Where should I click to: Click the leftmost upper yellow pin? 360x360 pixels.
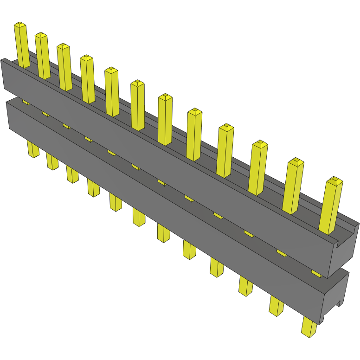tap(22, 44)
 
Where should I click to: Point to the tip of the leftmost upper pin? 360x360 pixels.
tap(19, 24)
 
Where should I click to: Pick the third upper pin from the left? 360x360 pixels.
tap(64, 67)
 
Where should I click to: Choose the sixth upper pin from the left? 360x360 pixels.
tap(138, 105)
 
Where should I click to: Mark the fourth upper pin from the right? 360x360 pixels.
tap(225, 151)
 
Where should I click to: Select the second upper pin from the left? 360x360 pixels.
tap(43, 56)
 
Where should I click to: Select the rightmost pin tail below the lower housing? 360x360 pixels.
tap(309, 327)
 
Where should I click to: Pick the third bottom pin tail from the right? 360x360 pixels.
tap(246, 286)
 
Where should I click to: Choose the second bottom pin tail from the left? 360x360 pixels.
tap(52, 161)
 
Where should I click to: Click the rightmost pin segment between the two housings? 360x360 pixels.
tap(316, 273)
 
